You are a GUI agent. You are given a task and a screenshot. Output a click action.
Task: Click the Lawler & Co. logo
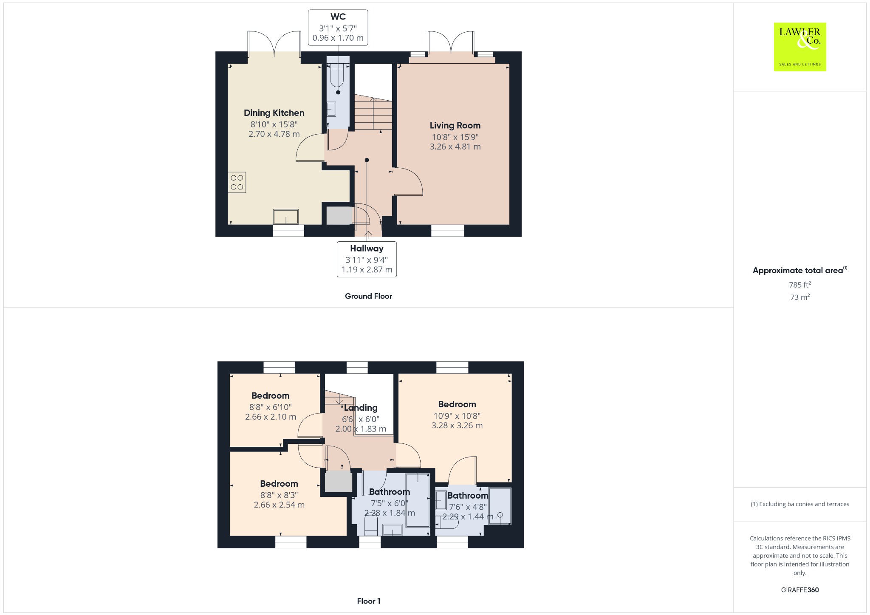point(800,47)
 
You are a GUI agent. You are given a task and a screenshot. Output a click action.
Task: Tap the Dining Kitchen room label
point(274,113)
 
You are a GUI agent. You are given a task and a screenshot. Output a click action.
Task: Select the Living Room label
point(455,125)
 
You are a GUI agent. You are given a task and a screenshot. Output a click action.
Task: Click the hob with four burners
point(237,182)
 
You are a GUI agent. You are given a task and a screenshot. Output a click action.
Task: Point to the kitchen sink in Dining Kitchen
point(286,217)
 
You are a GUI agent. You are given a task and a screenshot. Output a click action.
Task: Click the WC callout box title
point(338,17)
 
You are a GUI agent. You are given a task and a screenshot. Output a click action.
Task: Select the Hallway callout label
point(367,248)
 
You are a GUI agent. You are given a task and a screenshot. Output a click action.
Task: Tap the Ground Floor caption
point(368,296)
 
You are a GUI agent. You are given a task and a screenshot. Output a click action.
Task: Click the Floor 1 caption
point(369,601)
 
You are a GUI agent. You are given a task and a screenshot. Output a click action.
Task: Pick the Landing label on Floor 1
point(361,408)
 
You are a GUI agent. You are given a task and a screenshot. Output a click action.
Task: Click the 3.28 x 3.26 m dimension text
point(457,425)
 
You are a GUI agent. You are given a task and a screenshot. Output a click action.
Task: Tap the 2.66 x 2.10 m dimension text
point(271,417)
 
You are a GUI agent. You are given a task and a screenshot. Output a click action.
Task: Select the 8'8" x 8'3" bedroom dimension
point(279,495)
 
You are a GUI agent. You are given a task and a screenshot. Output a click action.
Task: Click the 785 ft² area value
point(800,285)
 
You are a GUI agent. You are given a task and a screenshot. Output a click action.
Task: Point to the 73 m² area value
point(800,297)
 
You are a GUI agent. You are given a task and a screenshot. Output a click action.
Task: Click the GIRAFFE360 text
point(800,590)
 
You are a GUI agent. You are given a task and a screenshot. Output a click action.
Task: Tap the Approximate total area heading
point(799,270)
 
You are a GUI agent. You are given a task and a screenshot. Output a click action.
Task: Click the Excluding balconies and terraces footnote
point(800,504)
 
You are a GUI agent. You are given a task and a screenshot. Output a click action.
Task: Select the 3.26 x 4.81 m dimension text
point(455,147)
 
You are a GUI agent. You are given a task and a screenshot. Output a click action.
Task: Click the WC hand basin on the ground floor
point(331,109)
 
